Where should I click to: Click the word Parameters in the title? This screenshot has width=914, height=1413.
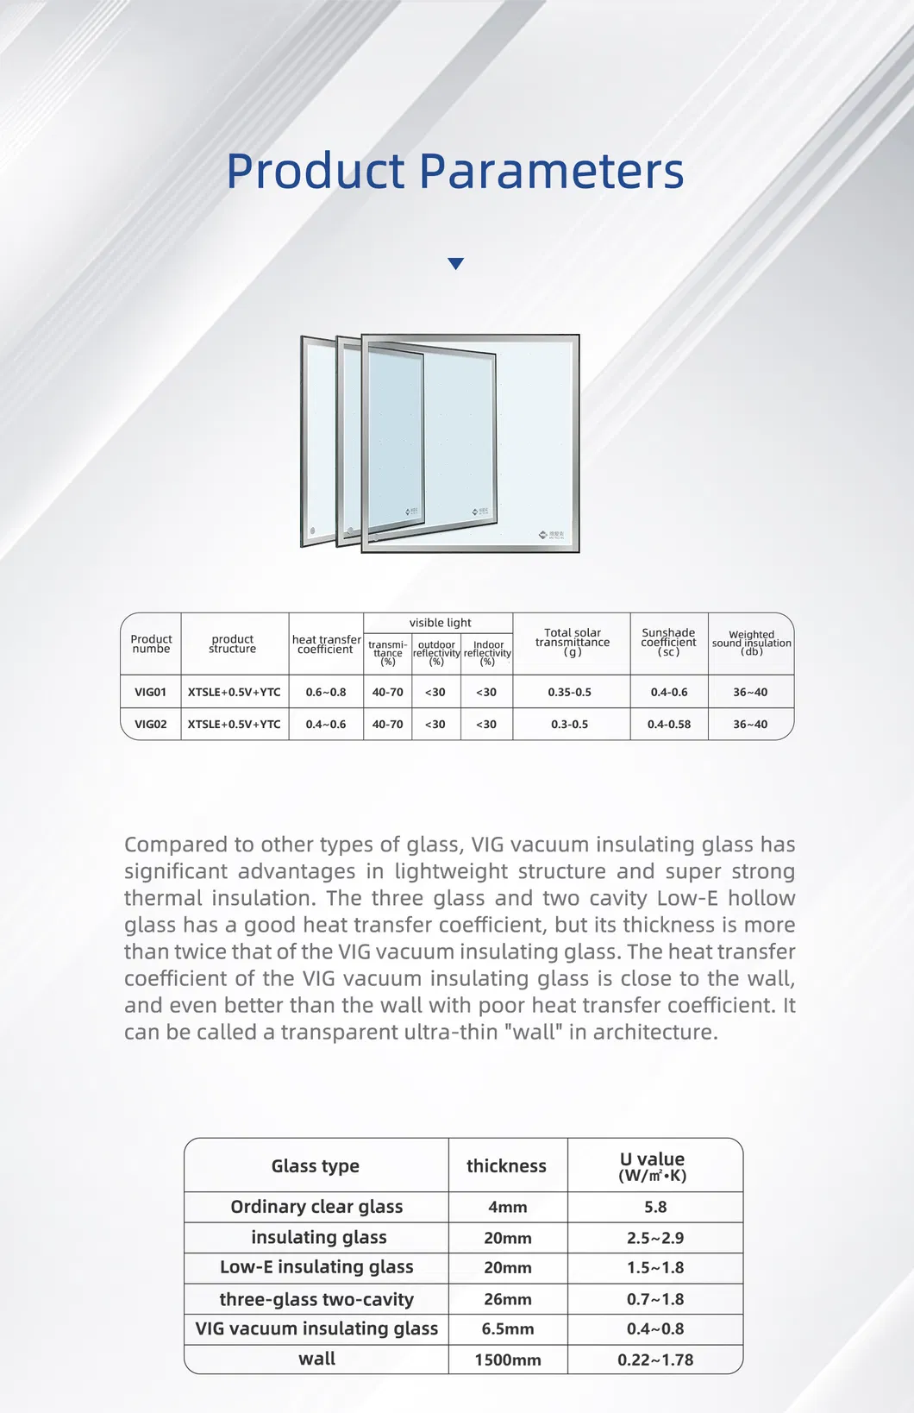[551, 171]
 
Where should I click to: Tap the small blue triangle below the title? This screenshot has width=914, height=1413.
[456, 264]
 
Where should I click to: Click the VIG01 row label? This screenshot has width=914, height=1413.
[150, 692]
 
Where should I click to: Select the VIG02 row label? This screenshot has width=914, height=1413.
[150, 724]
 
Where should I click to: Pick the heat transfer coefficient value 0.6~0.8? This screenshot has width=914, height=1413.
[326, 692]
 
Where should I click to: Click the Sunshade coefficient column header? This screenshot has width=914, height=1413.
[668, 642]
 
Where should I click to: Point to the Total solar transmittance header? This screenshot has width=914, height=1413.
[572, 642]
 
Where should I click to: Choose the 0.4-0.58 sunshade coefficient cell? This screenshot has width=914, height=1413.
[669, 724]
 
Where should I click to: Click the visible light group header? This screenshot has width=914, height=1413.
[440, 623]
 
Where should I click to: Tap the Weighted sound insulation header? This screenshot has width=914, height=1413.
[751, 643]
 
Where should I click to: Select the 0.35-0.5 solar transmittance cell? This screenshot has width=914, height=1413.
[570, 692]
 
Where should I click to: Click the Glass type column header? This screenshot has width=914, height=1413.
[316, 1166]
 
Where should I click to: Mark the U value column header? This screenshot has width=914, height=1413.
[653, 1166]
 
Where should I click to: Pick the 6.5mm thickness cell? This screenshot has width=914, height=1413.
[508, 1329]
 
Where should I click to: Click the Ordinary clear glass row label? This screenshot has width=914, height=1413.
[316, 1207]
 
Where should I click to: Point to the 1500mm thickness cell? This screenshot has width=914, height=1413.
[508, 1360]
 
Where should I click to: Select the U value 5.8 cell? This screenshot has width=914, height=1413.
[655, 1207]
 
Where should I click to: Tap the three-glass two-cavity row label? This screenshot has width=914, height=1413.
[316, 1299]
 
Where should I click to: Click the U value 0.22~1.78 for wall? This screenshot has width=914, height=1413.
[655, 1360]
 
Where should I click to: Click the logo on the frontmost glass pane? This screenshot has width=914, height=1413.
[551, 535]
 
